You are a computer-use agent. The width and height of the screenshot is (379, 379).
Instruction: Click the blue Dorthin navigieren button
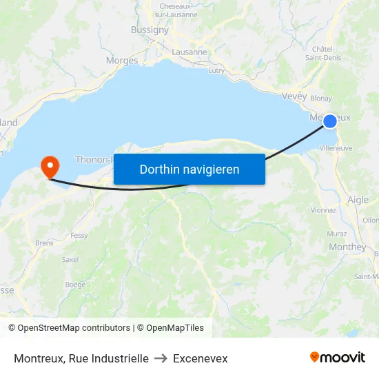[189, 169]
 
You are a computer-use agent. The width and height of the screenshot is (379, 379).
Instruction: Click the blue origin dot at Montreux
[330, 121]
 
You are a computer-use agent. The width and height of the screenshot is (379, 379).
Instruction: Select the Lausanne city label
[189, 52]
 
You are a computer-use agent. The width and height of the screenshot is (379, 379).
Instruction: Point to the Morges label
[122, 61]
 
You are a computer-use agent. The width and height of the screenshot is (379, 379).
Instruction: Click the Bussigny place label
[150, 30]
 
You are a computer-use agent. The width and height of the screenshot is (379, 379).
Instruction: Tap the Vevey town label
[294, 96]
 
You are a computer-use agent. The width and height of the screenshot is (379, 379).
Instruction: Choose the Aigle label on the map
[358, 200]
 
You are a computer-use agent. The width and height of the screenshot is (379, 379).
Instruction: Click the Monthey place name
[347, 247]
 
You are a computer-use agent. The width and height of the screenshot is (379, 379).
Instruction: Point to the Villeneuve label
[336, 147]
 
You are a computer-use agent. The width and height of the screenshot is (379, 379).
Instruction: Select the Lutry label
[216, 70]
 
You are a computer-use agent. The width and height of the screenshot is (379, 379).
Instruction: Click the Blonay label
[321, 99]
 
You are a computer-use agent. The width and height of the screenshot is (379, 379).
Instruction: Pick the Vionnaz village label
[323, 210]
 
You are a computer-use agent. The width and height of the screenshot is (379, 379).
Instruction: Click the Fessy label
[79, 236]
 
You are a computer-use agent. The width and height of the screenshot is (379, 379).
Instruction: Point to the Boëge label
[75, 285]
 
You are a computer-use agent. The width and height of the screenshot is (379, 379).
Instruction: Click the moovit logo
[337, 358]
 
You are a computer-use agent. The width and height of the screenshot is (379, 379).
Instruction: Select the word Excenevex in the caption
[200, 358]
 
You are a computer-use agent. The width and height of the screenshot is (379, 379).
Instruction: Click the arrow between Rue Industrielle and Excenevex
[161, 358]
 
